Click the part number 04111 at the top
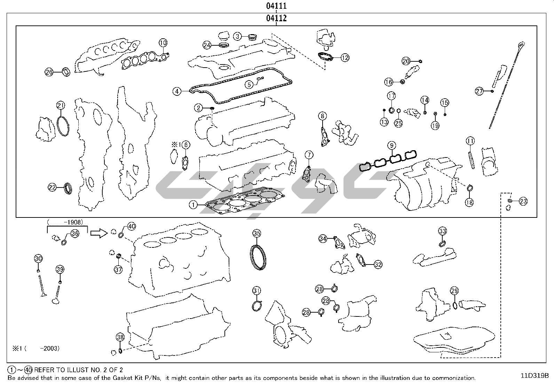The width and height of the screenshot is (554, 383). [x=276, y=6]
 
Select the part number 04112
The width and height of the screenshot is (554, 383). [x=276, y=18]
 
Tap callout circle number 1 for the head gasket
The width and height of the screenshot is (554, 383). [x=193, y=205]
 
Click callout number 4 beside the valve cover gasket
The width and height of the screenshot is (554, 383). [x=177, y=91]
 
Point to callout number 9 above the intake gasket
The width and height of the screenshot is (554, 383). [x=391, y=145]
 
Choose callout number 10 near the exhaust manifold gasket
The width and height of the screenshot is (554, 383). [x=163, y=43]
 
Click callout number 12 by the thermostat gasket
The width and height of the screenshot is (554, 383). [x=345, y=58]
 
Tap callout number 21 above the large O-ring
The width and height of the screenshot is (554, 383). [x=61, y=105]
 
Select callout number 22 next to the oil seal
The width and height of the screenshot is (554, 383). [x=52, y=187]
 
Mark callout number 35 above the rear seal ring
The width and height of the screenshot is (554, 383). [x=256, y=233]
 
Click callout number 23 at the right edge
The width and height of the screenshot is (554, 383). [x=523, y=201]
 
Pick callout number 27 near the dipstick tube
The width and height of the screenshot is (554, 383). [x=480, y=91]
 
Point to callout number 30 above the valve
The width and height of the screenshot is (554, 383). [x=38, y=258]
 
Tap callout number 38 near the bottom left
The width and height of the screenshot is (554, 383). [x=120, y=337]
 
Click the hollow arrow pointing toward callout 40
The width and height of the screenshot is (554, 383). [x=99, y=233]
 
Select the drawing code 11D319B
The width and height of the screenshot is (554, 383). [x=535, y=376]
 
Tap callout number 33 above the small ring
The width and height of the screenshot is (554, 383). [x=442, y=231]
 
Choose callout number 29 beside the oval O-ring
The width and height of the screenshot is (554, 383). [x=454, y=291]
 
